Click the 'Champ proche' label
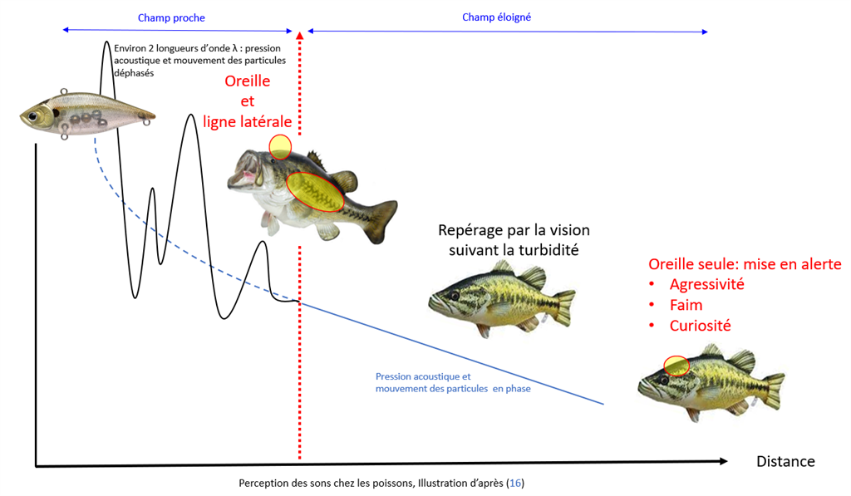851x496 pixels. (171, 18)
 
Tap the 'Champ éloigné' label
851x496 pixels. (497, 17)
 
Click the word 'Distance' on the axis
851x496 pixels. (785, 461)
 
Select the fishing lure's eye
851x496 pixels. (33, 116)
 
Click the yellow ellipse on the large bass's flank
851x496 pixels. (315, 192)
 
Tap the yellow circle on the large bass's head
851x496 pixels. (280, 147)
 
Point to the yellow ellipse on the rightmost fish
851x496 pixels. (676, 366)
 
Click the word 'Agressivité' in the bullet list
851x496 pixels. (706, 284)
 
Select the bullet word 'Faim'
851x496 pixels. (686, 305)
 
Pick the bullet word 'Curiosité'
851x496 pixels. (700, 326)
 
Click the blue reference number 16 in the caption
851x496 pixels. (515, 483)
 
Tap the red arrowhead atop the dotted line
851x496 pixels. (299, 35)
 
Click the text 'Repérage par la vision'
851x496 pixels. (514, 230)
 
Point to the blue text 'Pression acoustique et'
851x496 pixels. (423, 376)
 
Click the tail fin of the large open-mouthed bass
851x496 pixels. (381, 221)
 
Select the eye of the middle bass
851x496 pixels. (455, 296)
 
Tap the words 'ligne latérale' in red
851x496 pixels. (248, 122)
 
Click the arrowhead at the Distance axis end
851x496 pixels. (723, 461)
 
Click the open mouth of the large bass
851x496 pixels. (243, 170)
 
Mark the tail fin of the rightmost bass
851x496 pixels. (773, 390)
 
